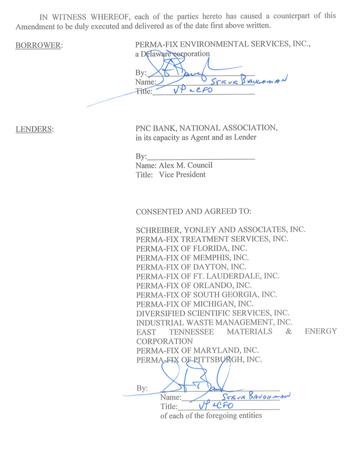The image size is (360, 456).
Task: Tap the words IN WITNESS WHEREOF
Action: tap(83, 16)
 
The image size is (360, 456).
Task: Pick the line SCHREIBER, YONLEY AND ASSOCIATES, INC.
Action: tap(220, 230)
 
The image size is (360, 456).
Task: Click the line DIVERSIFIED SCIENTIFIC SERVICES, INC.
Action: tap(213, 313)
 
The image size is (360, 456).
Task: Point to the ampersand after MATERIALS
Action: tap(289, 332)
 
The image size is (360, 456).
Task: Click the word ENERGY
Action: tap(321, 332)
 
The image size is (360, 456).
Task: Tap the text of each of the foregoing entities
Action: tap(211, 416)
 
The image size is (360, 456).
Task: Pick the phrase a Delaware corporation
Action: tap(172, 54)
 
